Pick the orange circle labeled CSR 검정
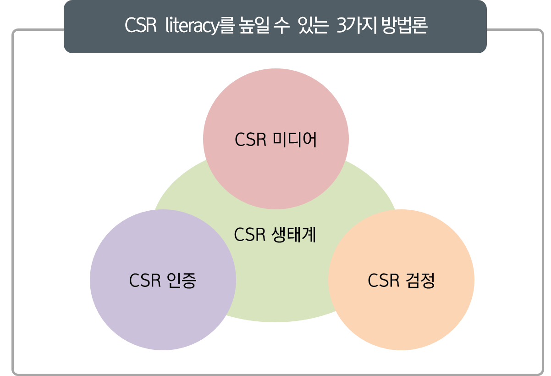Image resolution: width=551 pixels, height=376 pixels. coord(401,312)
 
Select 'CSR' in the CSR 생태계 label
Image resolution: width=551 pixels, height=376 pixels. coord(250,235)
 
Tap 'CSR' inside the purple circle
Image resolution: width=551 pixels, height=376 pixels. coord(144,281)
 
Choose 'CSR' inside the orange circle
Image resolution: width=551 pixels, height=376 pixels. coord(383,281)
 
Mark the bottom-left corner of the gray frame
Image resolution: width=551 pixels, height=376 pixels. coord(14,372)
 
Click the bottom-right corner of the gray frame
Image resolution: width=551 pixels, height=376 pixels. coord(541,372)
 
